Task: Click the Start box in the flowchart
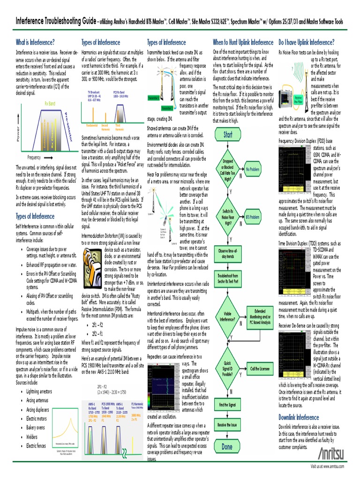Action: pos(227,135)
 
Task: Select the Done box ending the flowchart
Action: pos(227,447)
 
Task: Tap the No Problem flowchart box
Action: pos(252,169)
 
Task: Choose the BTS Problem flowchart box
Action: pos(252,217)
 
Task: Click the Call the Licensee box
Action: pos(260,369)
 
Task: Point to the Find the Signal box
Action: pos(227,404)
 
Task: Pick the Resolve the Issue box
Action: pos(227,424)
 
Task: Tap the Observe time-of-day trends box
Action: pos(227,254)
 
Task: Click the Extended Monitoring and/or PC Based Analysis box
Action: pos(260,316)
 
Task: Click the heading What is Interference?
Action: pos(36,42)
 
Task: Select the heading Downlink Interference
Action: pos(299,417)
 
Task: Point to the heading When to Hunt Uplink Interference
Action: pos(243,42)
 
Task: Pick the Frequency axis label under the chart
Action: pos(34,157)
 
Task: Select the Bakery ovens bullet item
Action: pos(37,427)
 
